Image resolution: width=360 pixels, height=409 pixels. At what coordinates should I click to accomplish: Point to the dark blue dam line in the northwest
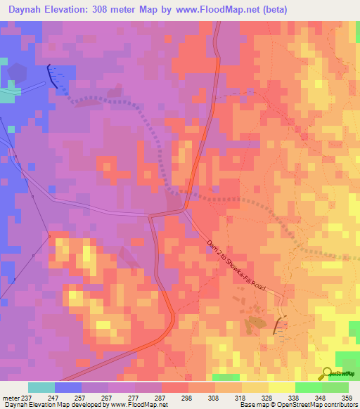click(x=53, y=75)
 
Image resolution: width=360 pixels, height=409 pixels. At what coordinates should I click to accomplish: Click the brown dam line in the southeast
click(x=279, y=324)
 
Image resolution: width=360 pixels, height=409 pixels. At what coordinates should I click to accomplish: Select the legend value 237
click(x=27, y=397)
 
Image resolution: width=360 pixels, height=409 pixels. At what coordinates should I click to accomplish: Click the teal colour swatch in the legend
click(x=41, y=387)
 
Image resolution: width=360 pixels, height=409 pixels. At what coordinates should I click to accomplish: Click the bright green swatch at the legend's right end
click(x=335, y=387)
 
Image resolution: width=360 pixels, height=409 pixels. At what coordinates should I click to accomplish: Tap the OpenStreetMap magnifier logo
click(x=326, y=373)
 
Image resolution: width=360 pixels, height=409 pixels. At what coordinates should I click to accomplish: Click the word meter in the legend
click(x=10, y=397)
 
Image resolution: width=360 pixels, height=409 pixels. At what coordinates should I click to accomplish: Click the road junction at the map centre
click(x=184, y=209)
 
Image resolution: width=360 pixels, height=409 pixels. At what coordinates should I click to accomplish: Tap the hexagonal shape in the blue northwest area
click(x=17, y=73)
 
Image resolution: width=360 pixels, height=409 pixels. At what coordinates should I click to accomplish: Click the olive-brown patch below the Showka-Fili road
click(x=251, y=324)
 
